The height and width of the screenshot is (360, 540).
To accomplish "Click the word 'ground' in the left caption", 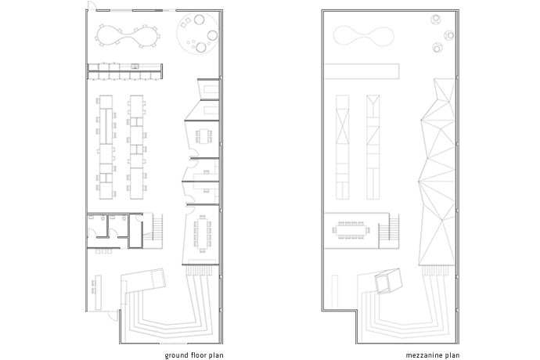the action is coord(177,355).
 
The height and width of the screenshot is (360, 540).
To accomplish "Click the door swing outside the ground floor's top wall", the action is coord(92,5).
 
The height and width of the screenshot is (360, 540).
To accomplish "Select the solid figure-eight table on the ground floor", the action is coord(128,35).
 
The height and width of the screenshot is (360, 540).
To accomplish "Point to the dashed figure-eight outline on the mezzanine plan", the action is coord(364,34).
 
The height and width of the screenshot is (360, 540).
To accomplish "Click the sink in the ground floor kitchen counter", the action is coord(135,67).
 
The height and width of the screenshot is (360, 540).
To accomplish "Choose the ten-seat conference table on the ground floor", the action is coord(202,233).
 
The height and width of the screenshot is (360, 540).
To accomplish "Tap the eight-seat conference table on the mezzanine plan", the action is coord(351,230).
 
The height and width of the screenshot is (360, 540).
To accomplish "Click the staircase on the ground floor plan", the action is coord(157,228).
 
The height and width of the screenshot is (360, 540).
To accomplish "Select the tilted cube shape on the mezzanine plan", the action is coord(388,281).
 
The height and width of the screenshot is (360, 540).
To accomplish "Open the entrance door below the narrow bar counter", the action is coord(113,315).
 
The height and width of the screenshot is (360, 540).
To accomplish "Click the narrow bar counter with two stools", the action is coord(98,292).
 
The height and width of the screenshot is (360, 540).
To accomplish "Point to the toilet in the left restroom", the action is coord(103,218).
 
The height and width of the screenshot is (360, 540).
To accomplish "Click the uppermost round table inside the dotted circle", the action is coord(199,20).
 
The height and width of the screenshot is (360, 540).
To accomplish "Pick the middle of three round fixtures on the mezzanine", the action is coord(449,35).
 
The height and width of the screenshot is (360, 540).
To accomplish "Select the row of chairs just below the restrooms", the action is coord(103,251).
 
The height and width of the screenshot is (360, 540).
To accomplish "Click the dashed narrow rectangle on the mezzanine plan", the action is coord(333,291).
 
